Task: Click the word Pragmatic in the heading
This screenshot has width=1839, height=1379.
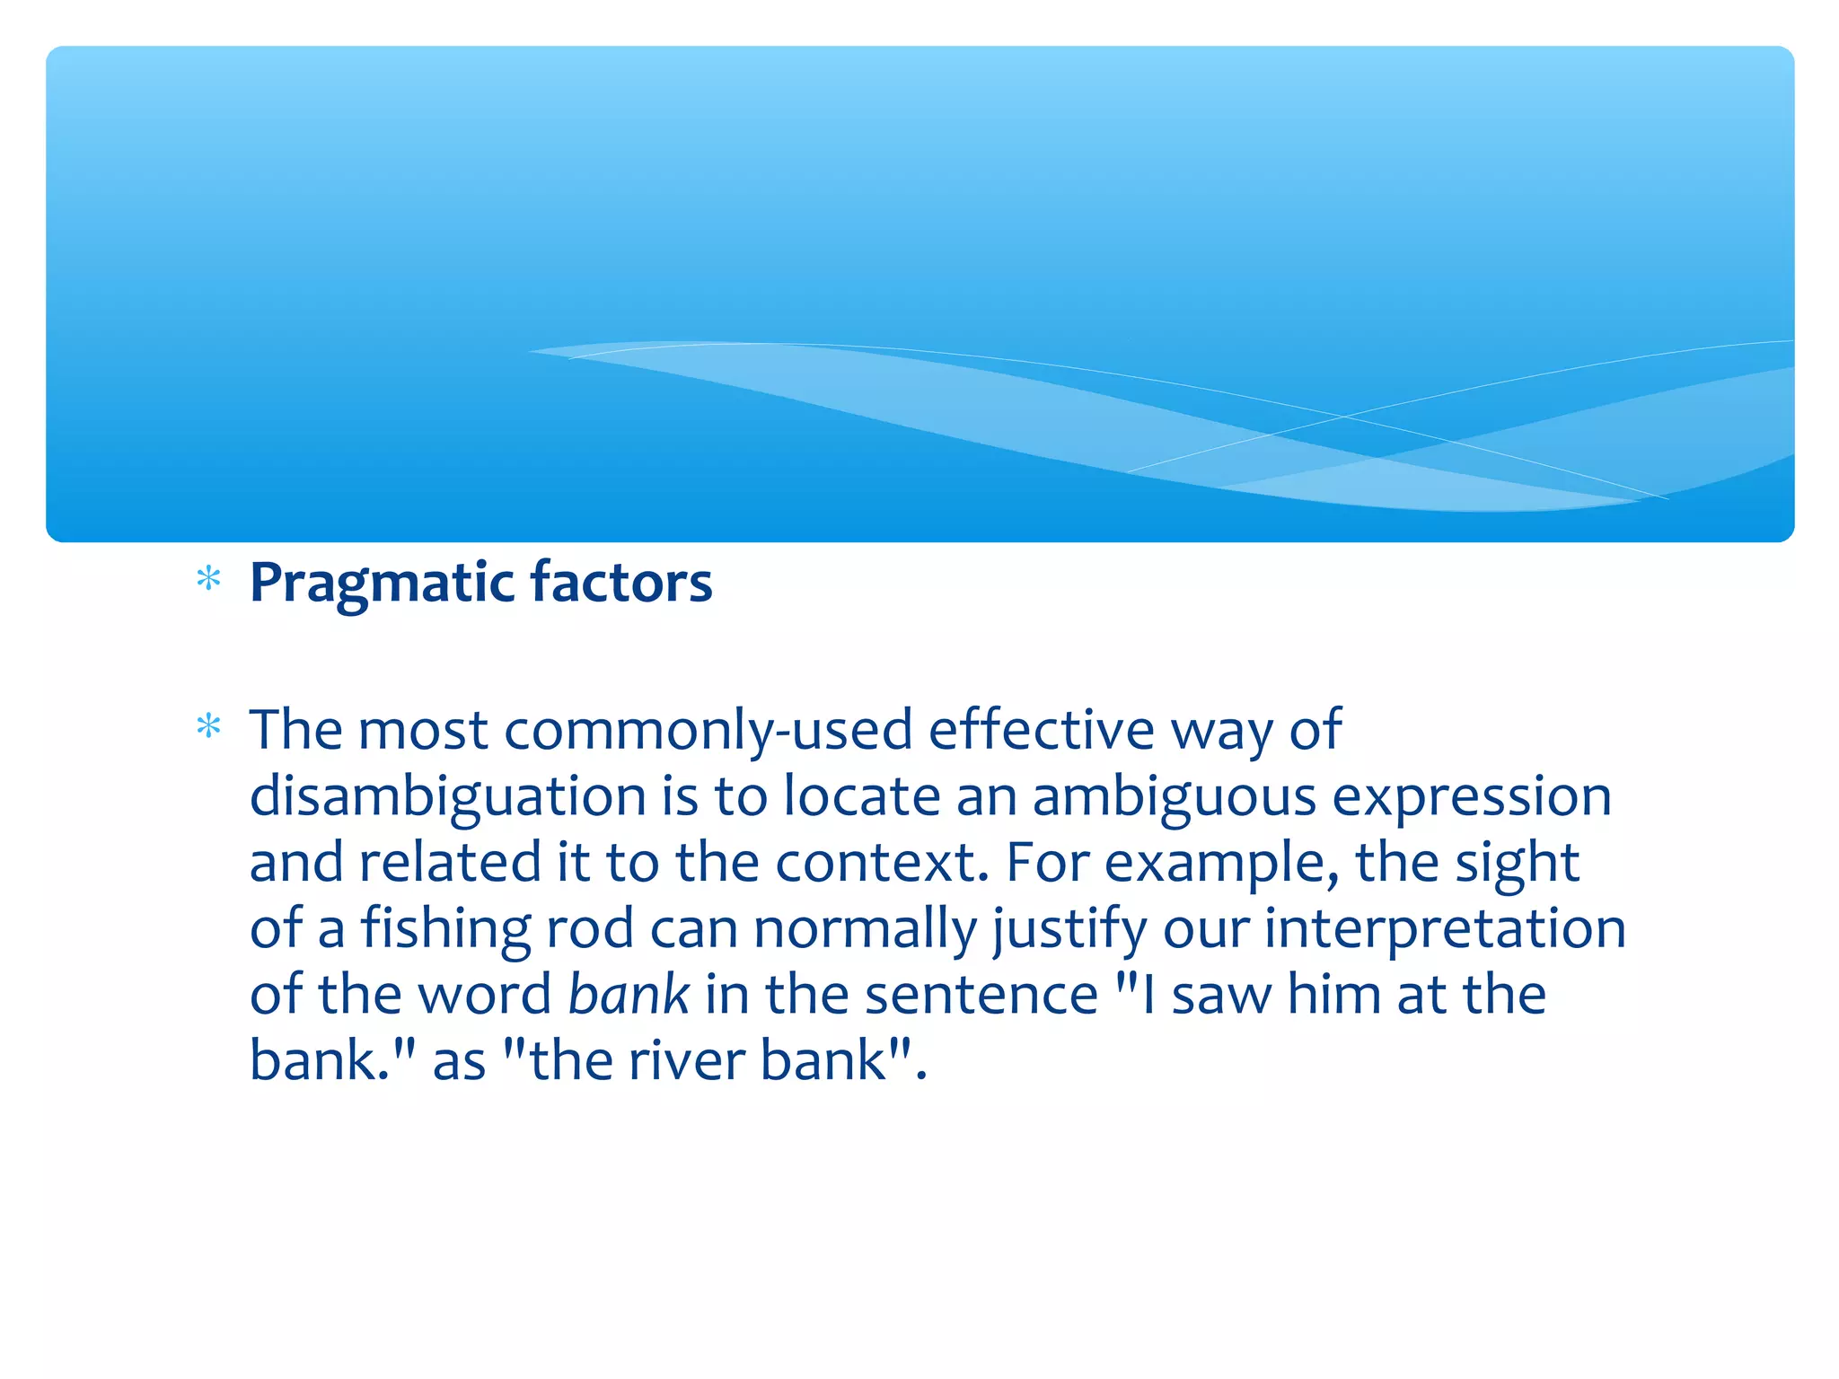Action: point(381,584)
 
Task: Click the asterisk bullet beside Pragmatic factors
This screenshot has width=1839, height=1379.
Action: point(208,579)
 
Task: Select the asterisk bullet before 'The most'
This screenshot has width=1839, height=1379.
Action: point(208,725)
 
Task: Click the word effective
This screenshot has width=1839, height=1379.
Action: point(1041,729)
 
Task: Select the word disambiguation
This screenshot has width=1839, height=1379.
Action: point(447,795)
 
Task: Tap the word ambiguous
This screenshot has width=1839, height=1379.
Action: point(1174,795)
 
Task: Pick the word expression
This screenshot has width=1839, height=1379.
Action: point(1472,795)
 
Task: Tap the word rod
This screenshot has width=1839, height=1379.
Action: point(589,928)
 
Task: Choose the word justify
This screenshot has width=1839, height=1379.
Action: point(1069,928)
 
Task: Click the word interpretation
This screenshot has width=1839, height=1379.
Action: point(1445,928)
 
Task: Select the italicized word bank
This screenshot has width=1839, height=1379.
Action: point(629,995)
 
